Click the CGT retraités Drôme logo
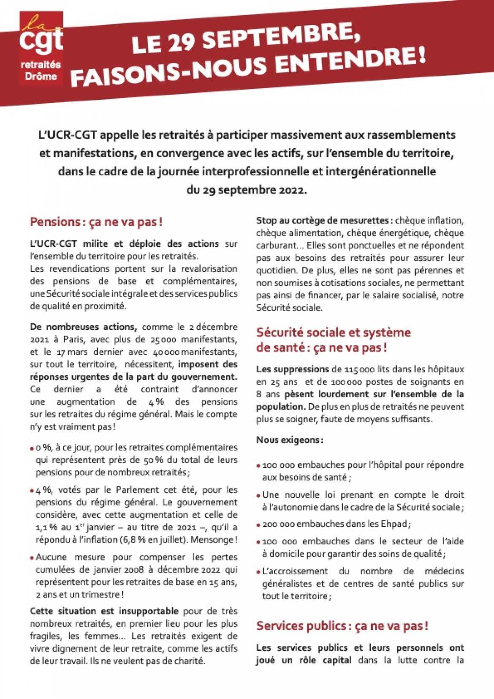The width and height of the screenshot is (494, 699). point(41,49)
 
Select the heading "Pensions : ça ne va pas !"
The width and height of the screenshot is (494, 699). point(96,222)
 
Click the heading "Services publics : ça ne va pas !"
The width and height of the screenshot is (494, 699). point(342,626)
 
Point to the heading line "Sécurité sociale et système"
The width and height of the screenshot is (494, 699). point(333,332)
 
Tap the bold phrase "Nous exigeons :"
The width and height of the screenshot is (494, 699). point(290,440)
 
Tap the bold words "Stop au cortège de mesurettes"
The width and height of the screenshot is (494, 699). point(323,220)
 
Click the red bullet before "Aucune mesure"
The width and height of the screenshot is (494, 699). point(32,558)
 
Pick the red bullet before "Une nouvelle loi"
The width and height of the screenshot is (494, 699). point(258,495)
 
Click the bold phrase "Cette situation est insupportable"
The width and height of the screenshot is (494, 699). point(104,611)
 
